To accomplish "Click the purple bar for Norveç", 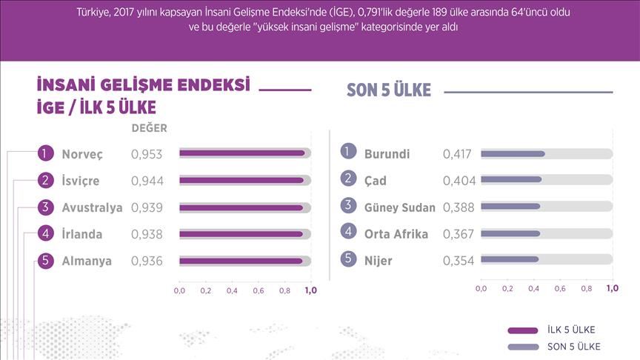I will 241,153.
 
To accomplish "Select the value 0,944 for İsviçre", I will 147,181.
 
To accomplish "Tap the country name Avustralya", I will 93,207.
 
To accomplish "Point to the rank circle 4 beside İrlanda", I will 45,234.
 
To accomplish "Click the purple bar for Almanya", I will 241,261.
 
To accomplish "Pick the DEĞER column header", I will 149,127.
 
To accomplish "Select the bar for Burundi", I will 513,154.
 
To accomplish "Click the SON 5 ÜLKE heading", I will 389,90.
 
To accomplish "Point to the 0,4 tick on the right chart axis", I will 533,287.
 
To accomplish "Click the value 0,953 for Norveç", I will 147,154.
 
